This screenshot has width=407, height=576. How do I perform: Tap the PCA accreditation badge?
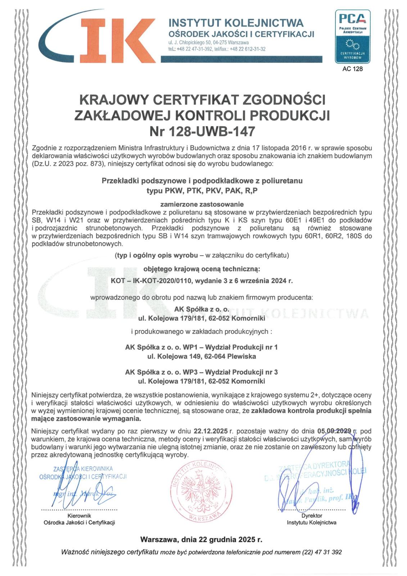click(352, 36)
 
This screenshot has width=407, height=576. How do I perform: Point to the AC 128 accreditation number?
click(353, 69)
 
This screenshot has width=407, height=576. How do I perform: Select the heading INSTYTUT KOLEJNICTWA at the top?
click(236, 23)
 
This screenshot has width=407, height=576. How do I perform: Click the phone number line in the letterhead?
click(217, 49)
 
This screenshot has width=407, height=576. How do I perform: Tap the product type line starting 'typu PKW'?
click(202, 191)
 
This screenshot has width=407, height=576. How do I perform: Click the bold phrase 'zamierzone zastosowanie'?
click(202, 204)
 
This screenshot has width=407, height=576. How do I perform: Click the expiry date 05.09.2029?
click(334, 431)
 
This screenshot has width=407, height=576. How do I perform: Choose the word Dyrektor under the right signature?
click(312, 516)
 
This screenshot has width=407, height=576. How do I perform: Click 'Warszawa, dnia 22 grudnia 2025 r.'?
click(201, 540)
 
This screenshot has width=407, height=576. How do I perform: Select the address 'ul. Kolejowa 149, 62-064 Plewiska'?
click(202, 356)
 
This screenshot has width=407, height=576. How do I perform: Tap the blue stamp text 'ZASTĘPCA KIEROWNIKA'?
click(83, 469)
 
